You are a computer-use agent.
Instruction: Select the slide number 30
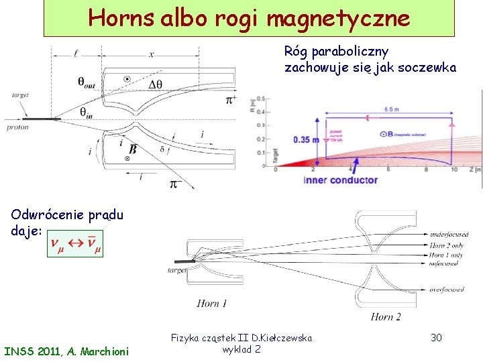pos(435,337)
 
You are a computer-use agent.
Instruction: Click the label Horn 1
pos(212,304)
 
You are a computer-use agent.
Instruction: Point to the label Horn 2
pos(386,316)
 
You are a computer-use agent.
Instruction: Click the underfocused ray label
pos(449,235)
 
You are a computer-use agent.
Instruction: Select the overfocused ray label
pos(447,290)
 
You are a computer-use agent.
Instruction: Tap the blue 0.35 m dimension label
pos(306,139)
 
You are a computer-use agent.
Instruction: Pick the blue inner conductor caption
pos(340,180)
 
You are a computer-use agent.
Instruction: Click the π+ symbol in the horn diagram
pos(231,100)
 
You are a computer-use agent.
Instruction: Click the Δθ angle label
pos(157,84)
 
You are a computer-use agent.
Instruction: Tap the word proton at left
pos(17,127)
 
